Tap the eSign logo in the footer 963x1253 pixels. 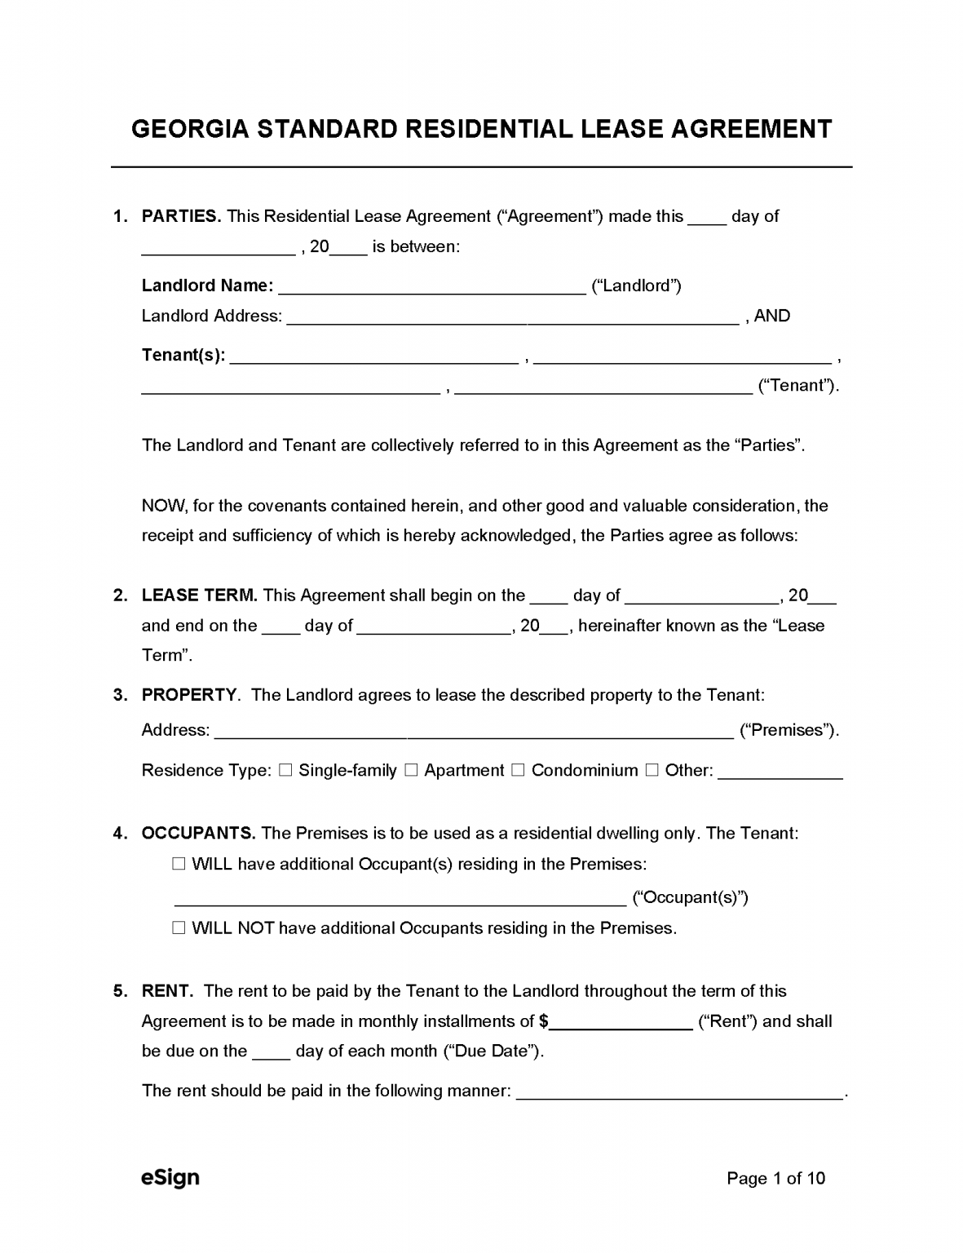pos(170,1177)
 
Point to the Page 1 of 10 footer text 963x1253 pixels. pos(775,1178)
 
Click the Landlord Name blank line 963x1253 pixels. pos(432,286)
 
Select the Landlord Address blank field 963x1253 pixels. pos(513,317)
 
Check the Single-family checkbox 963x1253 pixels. pos(285,770)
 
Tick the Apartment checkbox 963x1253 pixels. pos(411,770)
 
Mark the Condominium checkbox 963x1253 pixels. pos(518,770)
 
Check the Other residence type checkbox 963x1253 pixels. pos(652,770)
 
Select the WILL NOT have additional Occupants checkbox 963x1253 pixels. pos(179,928)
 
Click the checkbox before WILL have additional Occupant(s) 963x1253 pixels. pos(179,864)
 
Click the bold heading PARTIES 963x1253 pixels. pos(181,216)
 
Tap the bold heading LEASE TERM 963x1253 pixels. pos(199,596)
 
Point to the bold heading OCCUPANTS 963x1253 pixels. pos(198,833)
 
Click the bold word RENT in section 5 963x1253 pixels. pos(167,991)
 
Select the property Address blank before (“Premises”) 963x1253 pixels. pos(473,731)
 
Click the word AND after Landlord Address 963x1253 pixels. pos(771,316)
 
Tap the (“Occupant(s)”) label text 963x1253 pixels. pos(690,897)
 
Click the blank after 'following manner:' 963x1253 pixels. pos(680,1092)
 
